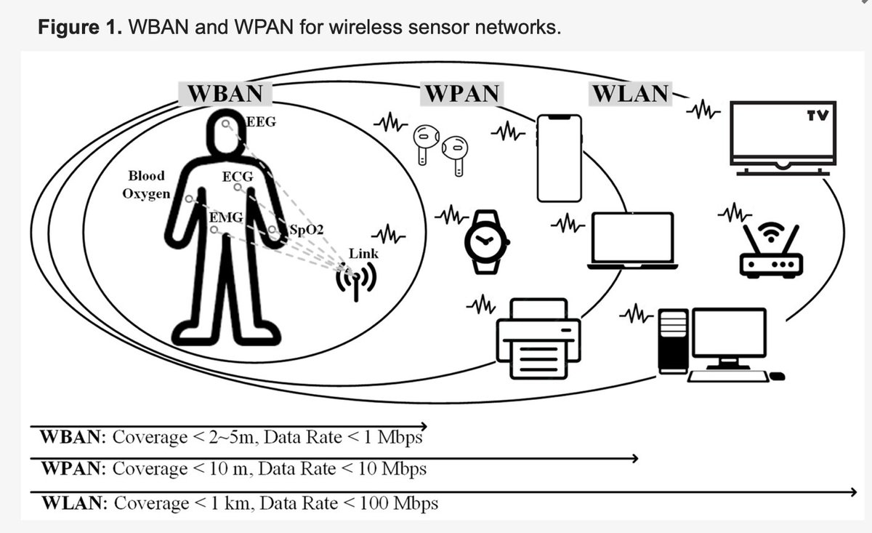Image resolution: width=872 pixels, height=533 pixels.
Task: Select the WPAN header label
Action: tap(461, 94)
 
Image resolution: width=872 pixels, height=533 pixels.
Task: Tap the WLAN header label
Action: tap(629, 94)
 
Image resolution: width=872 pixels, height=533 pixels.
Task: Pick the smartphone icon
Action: tap(560, 158)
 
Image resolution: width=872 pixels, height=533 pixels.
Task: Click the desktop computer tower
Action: tap(674, 340)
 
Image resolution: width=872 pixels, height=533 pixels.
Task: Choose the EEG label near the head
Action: tap(262, 122)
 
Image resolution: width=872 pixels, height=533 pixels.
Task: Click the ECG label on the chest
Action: tap(238, 177)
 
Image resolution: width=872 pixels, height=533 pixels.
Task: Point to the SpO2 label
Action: tap(307, 230)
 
